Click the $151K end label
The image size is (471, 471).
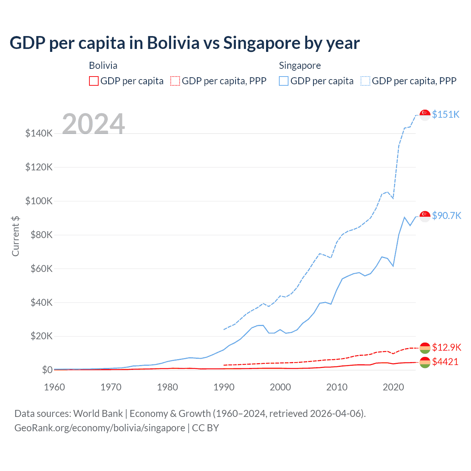[x=446, y=114]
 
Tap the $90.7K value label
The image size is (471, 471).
[x=446, y=216]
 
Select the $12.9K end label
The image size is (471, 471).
[x=446, y=347]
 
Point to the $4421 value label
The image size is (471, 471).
[x=445, y=362]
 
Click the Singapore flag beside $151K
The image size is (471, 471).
[x=425, y=115]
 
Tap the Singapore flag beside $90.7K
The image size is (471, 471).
[x=425, y=216]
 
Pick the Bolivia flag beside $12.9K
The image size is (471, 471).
[x=425, y=348]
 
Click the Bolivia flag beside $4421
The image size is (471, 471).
[x=425, y=362]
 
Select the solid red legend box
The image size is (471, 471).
[x=94, y=81]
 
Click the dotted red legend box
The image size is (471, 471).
[x=175, y=81]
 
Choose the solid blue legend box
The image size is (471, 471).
[x=284, y=81]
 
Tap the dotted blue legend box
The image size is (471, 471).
[x=365, y=81]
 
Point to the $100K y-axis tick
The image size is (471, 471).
[x=39, y=201]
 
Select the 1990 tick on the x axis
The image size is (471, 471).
[x=224, y=387]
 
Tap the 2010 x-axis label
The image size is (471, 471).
[x=337, y=387]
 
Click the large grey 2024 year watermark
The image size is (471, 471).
[x=93, y=124]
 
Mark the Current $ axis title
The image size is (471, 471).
[x=15, y=236]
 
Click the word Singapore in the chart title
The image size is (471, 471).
[x=261, y=43]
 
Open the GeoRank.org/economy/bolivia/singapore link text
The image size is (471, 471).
[x=100, y=428]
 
